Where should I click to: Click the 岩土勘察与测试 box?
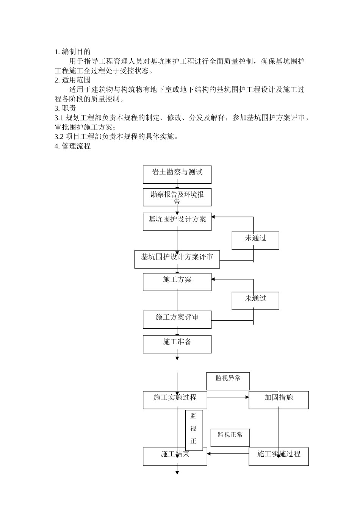pos(177,175)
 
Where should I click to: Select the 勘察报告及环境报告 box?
pos(177,197)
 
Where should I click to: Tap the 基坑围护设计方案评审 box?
pos(177,259)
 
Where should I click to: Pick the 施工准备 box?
pos(177,344)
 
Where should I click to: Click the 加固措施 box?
pos(279,400)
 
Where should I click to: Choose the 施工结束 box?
pos(175,456)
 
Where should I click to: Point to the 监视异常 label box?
pos(228,381)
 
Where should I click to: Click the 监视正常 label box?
pos(230,437)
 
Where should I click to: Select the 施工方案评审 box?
pos(177,320)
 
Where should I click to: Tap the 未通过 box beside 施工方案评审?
pos(255,301)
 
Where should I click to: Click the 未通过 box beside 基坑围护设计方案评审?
pos(255,240)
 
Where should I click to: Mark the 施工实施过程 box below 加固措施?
pos(279,456)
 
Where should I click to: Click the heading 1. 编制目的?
pos(72,52)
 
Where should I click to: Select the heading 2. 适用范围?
pos(72,80)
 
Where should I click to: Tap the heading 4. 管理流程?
pos(72,146)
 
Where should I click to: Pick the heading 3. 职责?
pos(65,108)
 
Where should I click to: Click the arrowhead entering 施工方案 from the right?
pos(213,279)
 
